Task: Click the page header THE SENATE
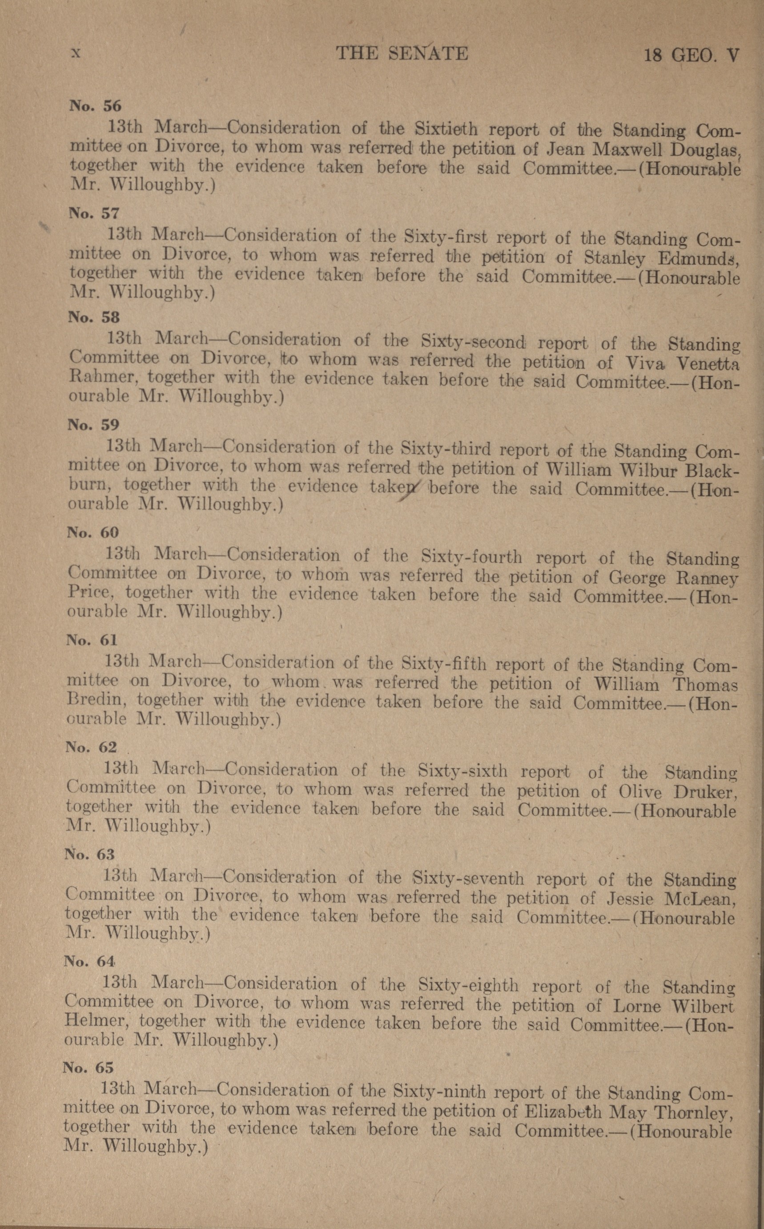(402, 53)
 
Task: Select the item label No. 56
(96, 106)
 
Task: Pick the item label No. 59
(93, 424)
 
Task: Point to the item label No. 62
(91, 747)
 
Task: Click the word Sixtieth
(446, 129)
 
